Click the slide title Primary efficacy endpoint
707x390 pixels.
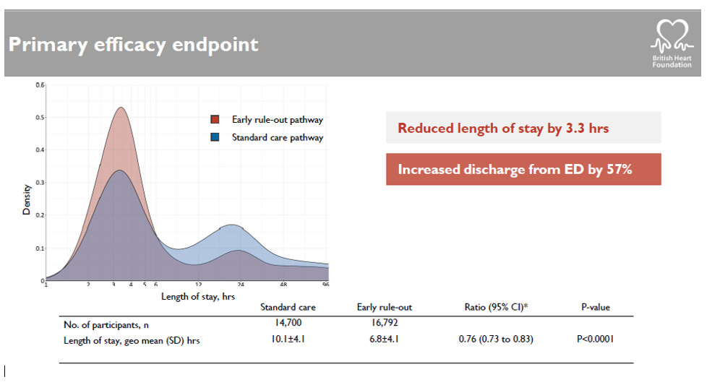pos(133,45)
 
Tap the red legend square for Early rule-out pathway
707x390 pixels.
pos(215,120)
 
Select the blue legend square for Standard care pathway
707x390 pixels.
pos(215,137)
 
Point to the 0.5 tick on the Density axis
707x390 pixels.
pos(40,118)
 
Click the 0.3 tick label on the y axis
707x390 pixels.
pos(40,183)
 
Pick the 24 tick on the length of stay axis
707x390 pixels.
pos(241,285)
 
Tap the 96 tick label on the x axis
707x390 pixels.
pos(325,285)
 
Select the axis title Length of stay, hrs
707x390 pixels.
pos(197,296)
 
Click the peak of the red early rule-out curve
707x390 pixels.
pos(121,108)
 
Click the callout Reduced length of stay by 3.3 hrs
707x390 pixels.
pos(503,129)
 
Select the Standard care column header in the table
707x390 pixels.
pos(288,307)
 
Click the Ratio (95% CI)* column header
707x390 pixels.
pos(496,307)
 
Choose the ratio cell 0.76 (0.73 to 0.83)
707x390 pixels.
pos(496,339)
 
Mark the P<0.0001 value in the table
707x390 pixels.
pos(595,339)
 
